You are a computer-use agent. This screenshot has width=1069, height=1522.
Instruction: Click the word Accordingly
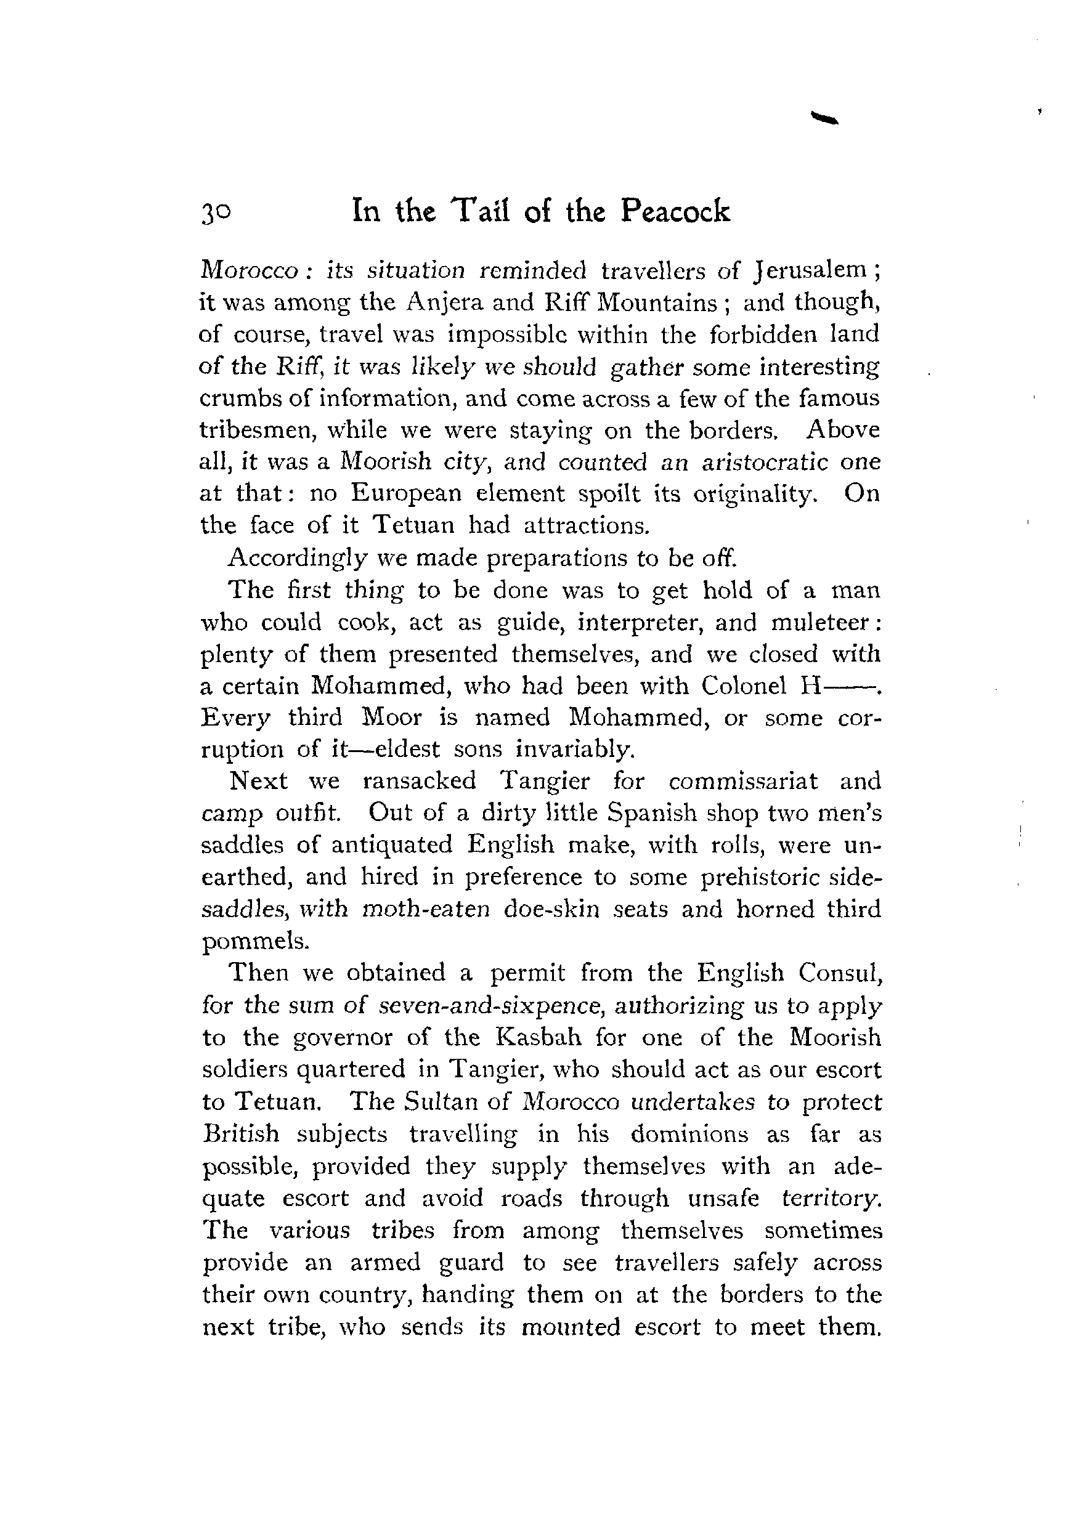click(296, 558)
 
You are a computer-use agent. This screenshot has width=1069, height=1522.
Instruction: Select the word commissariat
click(742, 781)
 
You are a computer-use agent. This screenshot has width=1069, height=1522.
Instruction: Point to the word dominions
click(689, 1134)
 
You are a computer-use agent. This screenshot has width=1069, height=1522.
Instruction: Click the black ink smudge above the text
click(824, 118)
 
